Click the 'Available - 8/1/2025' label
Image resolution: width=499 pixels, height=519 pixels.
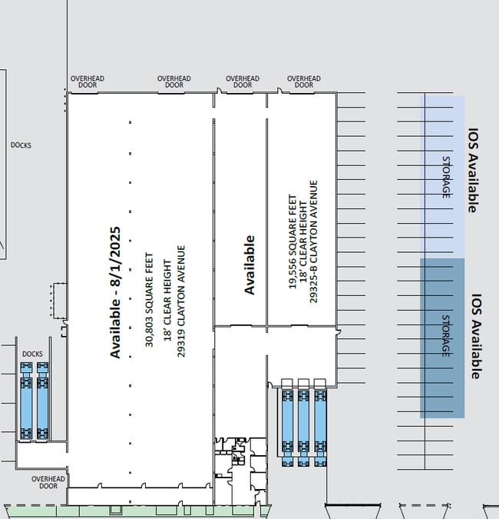pos(115,293)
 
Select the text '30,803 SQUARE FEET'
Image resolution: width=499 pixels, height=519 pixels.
pos(150,300)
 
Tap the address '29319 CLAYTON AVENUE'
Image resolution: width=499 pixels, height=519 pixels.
pos(181,301)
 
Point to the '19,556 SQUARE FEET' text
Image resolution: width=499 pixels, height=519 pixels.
pos(292,241)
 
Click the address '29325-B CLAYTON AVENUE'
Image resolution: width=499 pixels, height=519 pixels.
pos(314,241)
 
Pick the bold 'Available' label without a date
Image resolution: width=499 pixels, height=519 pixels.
pos(249,264)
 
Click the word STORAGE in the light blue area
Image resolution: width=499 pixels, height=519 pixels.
pos(446,177)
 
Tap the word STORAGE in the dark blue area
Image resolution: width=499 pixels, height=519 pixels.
pos(446,336)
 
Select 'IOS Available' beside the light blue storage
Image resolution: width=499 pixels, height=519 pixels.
pos(473,171)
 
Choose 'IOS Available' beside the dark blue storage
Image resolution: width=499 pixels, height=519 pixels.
pos(475,336)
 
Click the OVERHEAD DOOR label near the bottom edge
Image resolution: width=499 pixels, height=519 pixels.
pos(48,482)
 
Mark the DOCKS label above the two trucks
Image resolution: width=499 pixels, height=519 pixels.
pos(32,354)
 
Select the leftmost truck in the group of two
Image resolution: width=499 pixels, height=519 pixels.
pos(26,401)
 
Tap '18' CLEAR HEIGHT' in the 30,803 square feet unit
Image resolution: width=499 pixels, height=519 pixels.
pos(167,301)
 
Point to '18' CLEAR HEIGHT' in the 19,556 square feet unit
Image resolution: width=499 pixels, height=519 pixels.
pos(303,242)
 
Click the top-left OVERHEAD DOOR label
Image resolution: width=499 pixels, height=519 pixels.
pos(88,82)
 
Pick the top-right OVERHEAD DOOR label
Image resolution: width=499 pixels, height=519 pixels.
pos(304,82)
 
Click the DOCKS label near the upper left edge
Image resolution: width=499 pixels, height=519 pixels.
pos(21,145)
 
